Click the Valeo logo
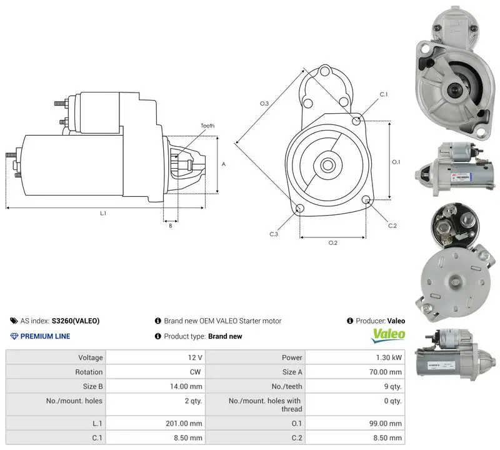pos(388,336)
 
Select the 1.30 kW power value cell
pos(389,357)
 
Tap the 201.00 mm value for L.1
pos(184,424)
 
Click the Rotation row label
pos(89,372)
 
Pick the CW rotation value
pos(195,372)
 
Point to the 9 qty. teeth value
pos(393,386)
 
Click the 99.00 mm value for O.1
pos(385,424)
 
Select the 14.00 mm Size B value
pos(186,386)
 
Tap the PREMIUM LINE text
pos(45,336)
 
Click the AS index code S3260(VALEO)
pos(76,321)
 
